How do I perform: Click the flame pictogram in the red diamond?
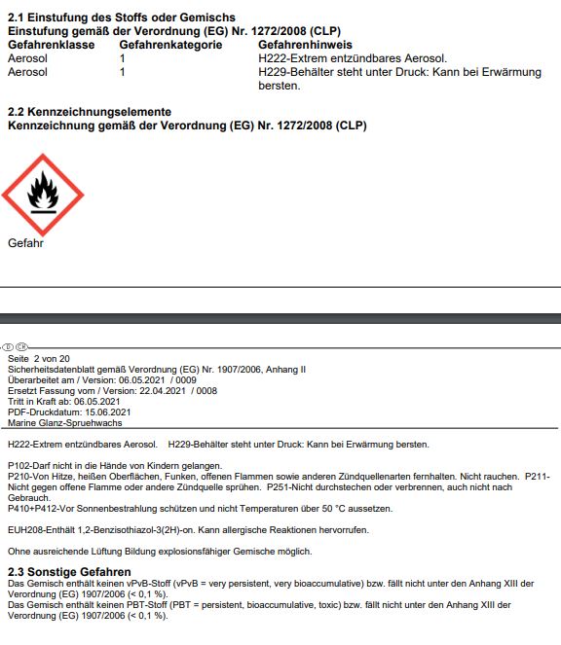pyautogui.click(x=42, y=194)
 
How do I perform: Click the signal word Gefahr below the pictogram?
pyautogui.click(x=25, y=243)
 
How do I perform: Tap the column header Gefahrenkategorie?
pyautogui.click(x=170, y=45)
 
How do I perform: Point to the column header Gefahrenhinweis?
pyautogui.click(x=305, y=45)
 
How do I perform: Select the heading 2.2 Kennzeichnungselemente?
pyautogui.click(x=90, y=112)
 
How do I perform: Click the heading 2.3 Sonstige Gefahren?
pyautogui.click(x=69, y=571)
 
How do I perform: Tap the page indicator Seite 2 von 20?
pyautogui.click(x=38, y=359)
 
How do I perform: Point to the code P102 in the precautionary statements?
pyautogui.click(x=19, y=467)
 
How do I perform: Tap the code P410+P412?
pyautogui.click(x=29, y=508)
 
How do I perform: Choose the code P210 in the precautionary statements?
pyautogui.click(x=19, y=477)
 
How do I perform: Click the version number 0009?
pyautogui.click(x=184, y=380)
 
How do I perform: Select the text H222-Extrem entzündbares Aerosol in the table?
pyautogui.click(x=324, y=58)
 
